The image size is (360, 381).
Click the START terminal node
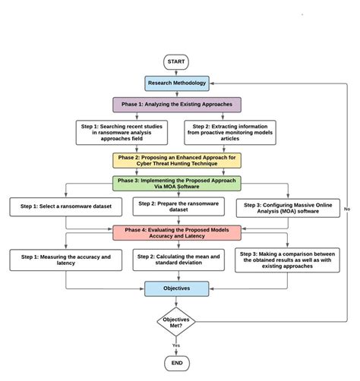(x=175, y=62)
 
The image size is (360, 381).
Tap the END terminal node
(x=175, y=364)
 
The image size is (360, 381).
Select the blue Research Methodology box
(x=175, y=83)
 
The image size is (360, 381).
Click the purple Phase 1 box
(x=176, y=105)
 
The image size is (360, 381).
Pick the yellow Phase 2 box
(x=176, y=160)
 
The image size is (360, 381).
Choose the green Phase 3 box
(x=176, y=184)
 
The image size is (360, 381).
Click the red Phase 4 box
(x=176, y=232)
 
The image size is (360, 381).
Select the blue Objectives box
(x=176, y=288)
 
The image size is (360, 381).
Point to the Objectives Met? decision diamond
(x=176, y=322)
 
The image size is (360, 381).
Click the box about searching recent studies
(x=122, y=132)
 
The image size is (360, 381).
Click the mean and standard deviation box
(x=175, y=260)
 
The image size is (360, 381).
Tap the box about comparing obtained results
(x=289, y=260)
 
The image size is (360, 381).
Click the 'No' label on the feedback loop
(x=346, y=208)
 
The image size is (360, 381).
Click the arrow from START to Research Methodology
(x=175, y=72)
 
